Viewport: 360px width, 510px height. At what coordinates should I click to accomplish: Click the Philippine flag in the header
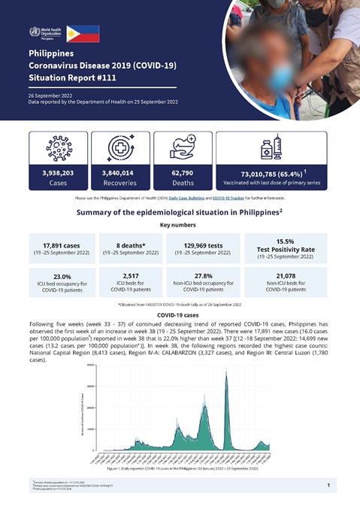[83, 32]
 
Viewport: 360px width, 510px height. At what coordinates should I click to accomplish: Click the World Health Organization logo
[44, 33]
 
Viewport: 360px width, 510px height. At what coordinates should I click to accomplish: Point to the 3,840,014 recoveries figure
[117, 172]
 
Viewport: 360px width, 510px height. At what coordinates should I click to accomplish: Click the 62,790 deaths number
[178, 172]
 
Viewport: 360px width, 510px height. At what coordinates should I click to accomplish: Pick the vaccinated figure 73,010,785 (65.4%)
[268, 173]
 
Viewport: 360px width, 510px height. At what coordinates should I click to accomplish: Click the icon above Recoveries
[118, 147]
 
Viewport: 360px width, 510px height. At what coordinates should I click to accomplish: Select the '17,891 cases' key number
[57, 244]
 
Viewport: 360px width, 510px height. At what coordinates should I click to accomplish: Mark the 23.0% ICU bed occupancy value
[57, 276]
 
